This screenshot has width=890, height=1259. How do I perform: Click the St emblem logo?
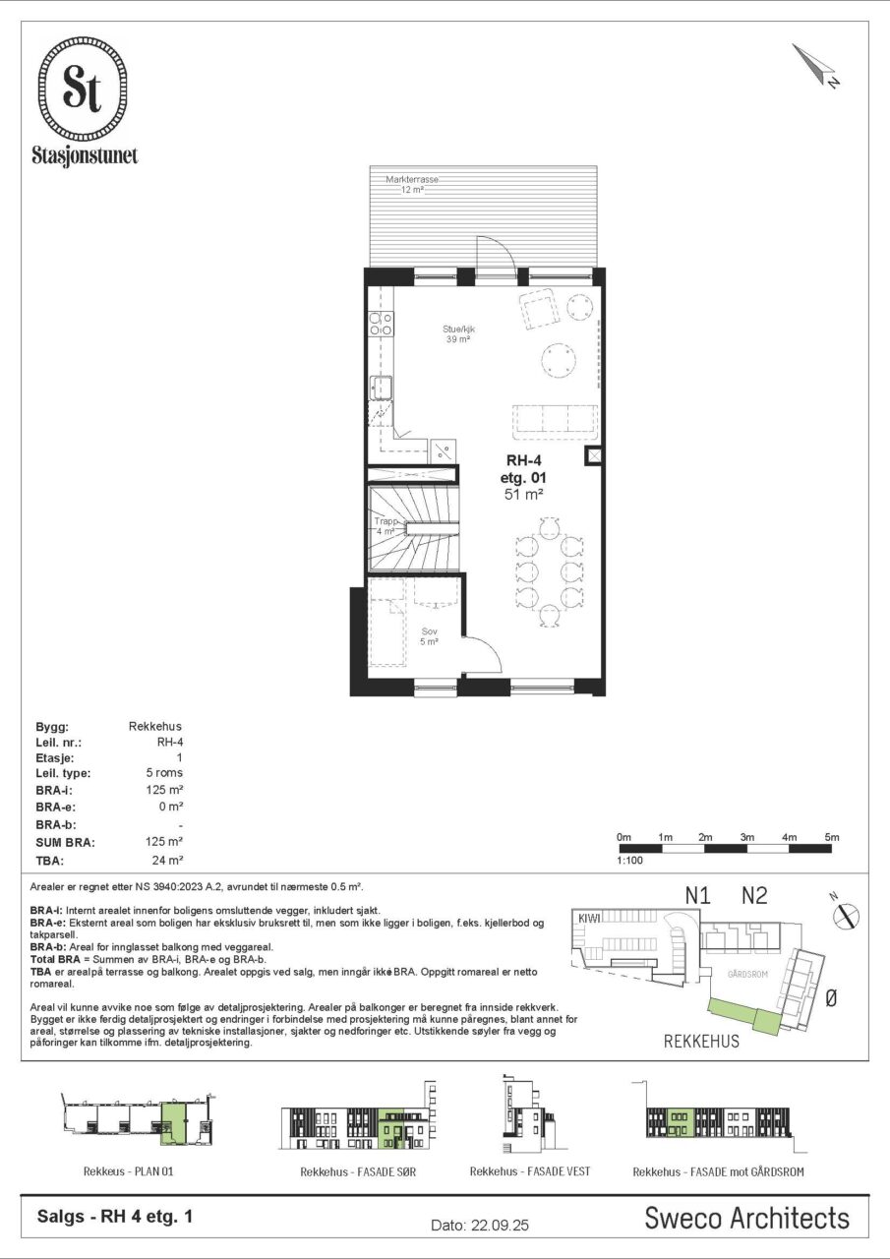coord(82,89)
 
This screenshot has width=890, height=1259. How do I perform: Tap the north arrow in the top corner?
coord(815,65)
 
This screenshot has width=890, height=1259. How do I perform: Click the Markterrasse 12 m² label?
coord(412,184)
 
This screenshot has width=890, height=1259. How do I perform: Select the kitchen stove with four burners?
coord(381,325)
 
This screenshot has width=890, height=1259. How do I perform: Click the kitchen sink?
coord(381,388)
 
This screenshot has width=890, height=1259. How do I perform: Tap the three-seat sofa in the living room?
coord(555,422)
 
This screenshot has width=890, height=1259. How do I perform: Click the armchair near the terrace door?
coord(539,308)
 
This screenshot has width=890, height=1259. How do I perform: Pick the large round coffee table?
coord(559,360)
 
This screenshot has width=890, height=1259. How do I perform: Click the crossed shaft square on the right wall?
coord(595,455)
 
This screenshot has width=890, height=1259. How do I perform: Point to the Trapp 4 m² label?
coord(386,526)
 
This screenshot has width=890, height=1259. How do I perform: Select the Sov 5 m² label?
coord(430,636)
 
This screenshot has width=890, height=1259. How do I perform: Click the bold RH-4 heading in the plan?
coord(523,461)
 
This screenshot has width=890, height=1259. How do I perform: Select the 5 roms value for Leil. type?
coord(164,773)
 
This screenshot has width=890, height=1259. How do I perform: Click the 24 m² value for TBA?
coord(167,860)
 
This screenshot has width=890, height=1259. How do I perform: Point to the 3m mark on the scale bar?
coord(747,837)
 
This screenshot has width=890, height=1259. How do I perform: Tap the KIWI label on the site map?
coord(589,918)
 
